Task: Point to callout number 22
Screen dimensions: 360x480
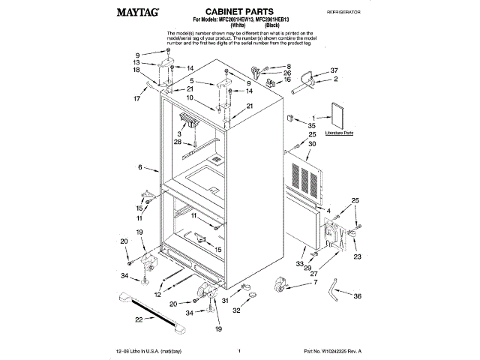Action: pos(138,321)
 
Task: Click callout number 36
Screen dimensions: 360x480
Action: pos(357,297)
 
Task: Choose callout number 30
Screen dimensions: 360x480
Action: pos(313,144)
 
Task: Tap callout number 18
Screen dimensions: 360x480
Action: pos(136,70)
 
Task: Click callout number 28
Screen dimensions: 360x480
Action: pos(178,142)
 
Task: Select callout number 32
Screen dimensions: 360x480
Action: pos(236,310)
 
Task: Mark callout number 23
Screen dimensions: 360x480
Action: pos(357,256)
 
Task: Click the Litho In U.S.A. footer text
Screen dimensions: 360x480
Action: pos(150,351)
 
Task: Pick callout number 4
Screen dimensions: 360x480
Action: pos(328,211)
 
